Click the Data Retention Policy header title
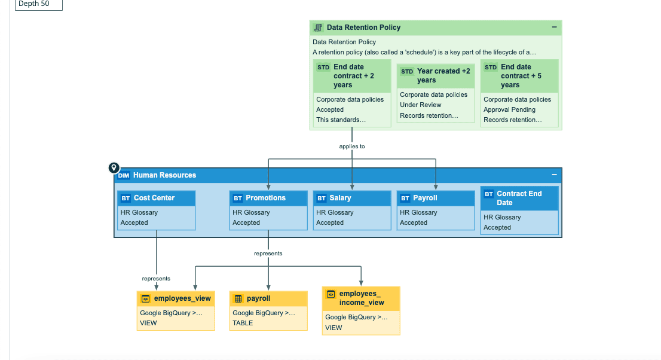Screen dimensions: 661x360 coord(363,28)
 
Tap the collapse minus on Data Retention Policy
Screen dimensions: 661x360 coord(554,27)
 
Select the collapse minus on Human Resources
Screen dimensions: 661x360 coord(554,175)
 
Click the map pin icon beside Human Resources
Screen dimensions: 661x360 coord(114,168)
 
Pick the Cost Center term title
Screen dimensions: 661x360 coord(154,198)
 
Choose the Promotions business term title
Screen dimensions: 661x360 coord(265,198)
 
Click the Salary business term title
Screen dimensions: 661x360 coord(340,198)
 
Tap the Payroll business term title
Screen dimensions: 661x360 coord(425,198)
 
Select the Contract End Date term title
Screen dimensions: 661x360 coord(519,198)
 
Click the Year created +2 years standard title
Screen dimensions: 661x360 coord(443,75)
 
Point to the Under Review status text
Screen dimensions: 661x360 coord(420,105)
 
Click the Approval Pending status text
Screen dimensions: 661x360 coord(509,109)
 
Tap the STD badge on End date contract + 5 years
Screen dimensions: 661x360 coord(490,67)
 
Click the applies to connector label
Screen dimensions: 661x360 coord(352,147)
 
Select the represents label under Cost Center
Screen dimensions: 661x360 coord(156,279)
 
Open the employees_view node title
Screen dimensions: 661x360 coord(182,298)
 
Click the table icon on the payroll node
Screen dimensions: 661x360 coord(238,299)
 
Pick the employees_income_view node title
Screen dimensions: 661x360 coord(361,298)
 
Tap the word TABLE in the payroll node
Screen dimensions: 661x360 coord(243,324)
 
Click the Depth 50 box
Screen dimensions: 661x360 coord(39,4)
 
